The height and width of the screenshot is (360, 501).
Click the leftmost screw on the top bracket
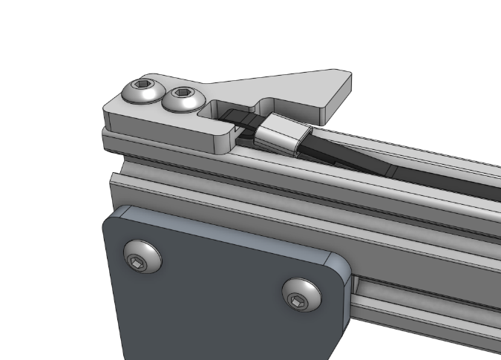[143, 93]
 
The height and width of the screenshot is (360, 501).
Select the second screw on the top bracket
[181, 98]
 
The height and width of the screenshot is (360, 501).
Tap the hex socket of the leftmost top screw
[143, 91]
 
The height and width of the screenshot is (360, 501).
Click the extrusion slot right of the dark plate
[423, 301]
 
